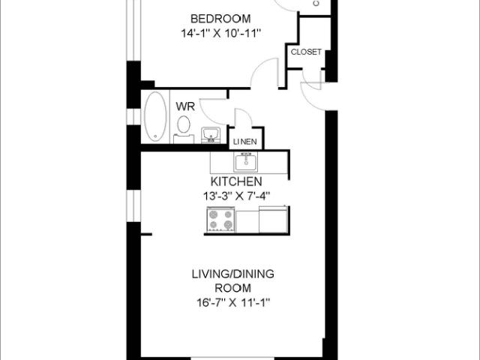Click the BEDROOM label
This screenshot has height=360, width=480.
click(220, 19)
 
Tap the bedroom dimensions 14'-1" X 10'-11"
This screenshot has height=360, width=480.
click(220, 33)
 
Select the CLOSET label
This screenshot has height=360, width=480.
click(306, 52)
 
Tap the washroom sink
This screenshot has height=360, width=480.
click(210, 135)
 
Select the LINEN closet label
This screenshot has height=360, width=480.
click(245, 142)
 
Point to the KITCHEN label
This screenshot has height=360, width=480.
click(235, 182)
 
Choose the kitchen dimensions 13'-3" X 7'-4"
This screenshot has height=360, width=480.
click(235, 196)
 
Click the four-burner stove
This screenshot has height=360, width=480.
click(220, 220)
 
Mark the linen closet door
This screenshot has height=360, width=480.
click(244, 120)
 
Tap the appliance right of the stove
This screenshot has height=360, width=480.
click(272, 220)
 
